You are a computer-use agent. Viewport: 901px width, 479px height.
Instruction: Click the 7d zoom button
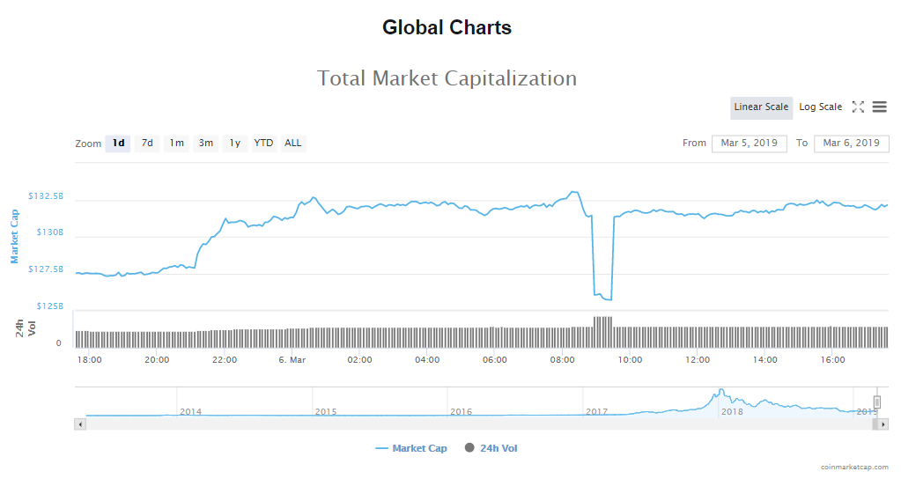click(x=147, y=143)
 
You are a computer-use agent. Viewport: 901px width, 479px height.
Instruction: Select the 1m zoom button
click(x=177, y=143)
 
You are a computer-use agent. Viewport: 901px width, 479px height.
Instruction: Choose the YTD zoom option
click(x=263, y=143)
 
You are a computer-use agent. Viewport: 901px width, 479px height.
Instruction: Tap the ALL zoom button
click(x=292, y=143)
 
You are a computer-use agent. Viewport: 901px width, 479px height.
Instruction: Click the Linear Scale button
click(x=761, y=107)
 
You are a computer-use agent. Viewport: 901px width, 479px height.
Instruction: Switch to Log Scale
click(x=820, y=107)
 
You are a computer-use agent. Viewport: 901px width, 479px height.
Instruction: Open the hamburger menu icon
click(x=879, y=107)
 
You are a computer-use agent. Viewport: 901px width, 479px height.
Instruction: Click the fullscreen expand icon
click(x=858, y=107)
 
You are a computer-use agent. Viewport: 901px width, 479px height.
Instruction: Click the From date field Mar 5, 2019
click(x=749, y=143)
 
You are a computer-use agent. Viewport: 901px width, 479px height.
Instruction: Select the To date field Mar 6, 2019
click(x=851, y=143)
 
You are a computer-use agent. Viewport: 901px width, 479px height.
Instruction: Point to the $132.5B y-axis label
click(x=46, y=195)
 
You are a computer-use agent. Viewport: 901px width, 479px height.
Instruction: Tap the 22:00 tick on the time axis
click(x=225, y=360)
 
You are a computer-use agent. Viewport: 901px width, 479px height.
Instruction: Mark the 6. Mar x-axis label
click(x=292, y=360)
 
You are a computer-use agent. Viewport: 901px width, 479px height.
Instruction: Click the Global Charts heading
click(x=447, y=27)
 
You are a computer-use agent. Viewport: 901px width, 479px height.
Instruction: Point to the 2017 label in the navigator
click(x=596, y=411)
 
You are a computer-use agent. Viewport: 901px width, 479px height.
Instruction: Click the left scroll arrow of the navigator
click(x=80, y=424)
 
